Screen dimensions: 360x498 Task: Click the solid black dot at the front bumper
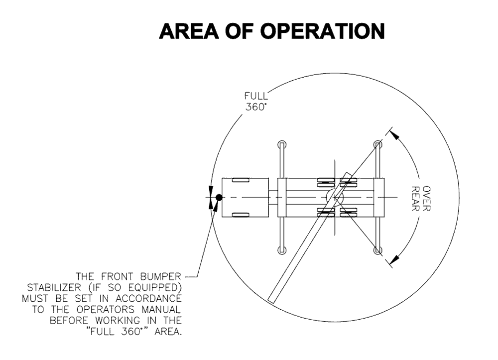(218, 198)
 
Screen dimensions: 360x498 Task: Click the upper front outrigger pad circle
(282, 144)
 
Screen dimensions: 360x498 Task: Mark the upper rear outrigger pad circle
(378, 144)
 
